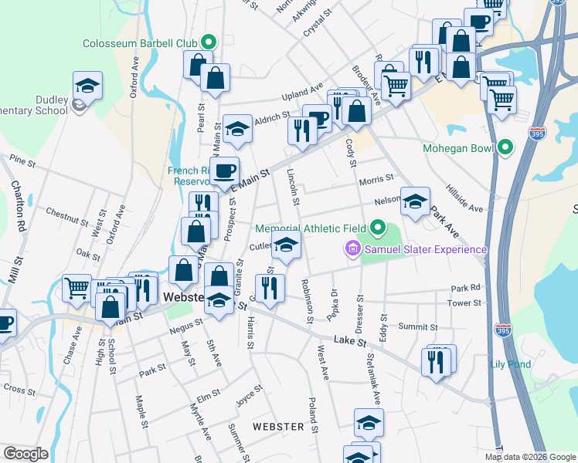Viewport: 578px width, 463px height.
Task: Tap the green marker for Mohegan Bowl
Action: [x=506, y=147]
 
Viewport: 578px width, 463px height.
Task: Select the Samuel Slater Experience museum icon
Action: [x=352, y=248]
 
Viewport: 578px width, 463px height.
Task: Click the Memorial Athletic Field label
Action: [x=312, y=228]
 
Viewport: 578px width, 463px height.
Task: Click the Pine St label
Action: [x=22, y=161]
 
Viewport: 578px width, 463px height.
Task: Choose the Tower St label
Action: [x=465, y=303]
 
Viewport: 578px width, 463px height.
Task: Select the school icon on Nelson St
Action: [x=415, y=202]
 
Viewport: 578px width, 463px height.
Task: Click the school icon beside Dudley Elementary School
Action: [x=88, y=86]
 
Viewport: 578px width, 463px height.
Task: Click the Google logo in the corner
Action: [x=25, y=454]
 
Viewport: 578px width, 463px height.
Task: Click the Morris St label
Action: [x=377, y=179]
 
